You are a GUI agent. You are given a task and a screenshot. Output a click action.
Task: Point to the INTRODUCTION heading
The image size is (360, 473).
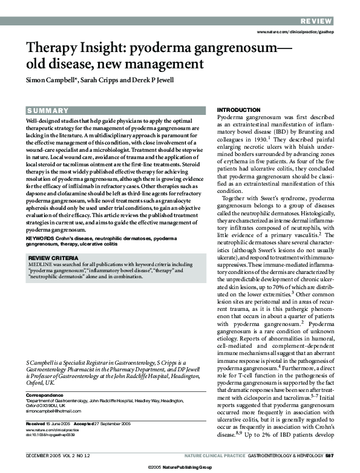click(238, 109)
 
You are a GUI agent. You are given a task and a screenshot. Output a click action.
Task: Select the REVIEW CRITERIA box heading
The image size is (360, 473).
click(53, 275)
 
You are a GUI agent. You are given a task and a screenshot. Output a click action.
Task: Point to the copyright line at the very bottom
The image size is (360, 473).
click(180, 468)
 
